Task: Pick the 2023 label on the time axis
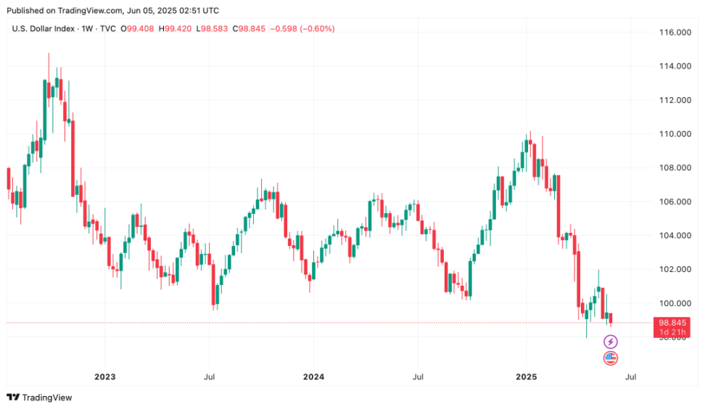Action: pyautogui.click(x=105, y=377)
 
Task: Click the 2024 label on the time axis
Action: pyautogui.click(x=314, y=377)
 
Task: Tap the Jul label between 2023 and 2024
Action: pyautogui.click(x=209, y=377)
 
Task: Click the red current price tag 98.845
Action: pyautogui.click(x=673, y=323)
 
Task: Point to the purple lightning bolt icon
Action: pyautogui.click(x=611, y=342)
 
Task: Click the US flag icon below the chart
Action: pyautogui.click(x=611, y=358)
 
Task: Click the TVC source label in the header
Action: pyautogui.click(x=107, y=29)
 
